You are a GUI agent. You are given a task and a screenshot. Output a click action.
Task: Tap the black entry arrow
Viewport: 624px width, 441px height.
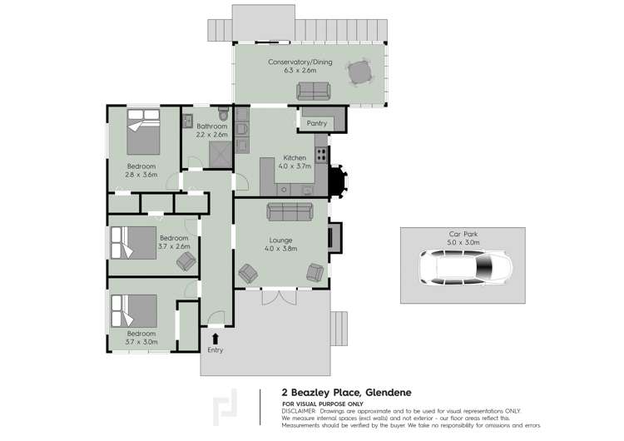click(x=215, y=338)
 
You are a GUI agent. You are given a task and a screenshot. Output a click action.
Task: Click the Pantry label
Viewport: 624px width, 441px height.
click(x=316, y=123)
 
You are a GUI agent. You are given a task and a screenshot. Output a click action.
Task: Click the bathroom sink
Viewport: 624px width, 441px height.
click(x=188, y=118)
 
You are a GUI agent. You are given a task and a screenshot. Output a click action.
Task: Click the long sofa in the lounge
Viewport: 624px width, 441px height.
click(x=289, y=210)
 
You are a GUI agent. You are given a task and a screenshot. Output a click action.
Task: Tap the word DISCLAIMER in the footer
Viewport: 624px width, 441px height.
click(x=300, y=410)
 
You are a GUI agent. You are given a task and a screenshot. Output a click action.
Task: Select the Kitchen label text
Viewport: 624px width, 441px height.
click(x=295, y=157)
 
